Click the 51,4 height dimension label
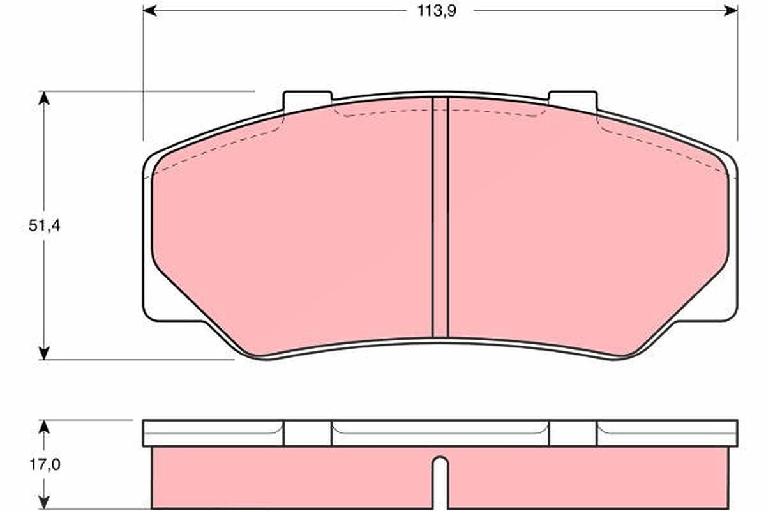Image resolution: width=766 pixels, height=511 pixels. pos(45,226)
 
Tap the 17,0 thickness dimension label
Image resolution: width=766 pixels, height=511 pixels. pos(45,465)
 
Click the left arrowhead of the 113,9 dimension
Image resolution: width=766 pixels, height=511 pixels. pos(150,11)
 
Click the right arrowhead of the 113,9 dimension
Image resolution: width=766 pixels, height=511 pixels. pos(731,11)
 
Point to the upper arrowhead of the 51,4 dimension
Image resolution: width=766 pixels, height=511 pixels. pos(43,98)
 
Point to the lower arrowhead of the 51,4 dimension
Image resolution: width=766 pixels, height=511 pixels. pos(43,353)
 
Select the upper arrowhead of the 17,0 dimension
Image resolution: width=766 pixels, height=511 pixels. pos(43,427)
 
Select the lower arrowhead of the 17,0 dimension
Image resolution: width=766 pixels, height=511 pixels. pos(43,502)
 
